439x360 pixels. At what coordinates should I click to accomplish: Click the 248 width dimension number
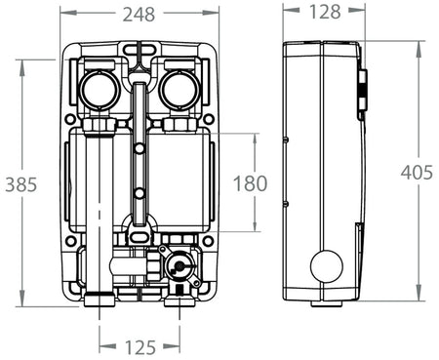(x=140, y=13)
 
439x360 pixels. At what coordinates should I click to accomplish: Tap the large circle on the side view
(x=326, y=266)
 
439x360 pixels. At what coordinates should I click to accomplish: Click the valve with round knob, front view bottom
(x=178, y=264)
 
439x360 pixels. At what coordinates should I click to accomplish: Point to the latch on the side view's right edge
(x=362, y=95)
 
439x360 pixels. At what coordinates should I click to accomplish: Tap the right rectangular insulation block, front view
(x=179, y=182)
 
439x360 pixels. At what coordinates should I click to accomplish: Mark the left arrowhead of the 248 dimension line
(x=62, y=13)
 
